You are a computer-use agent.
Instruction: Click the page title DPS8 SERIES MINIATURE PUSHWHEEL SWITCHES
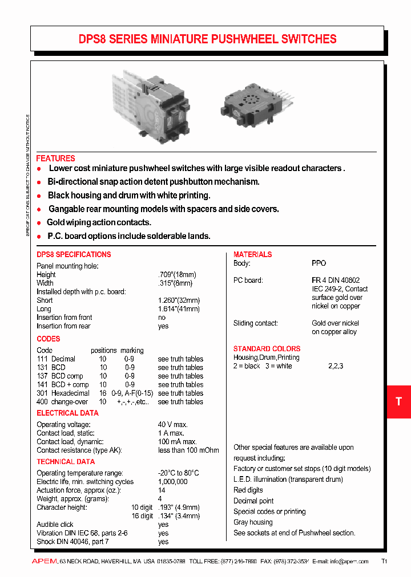[x=207, y=39]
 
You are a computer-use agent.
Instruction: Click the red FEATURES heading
[x=55, y=159]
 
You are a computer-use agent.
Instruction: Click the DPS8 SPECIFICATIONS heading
[x=74, y=254]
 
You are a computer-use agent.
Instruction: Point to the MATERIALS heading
[x=252, y=254]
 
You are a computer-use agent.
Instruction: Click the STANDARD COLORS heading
[x=267, y=348]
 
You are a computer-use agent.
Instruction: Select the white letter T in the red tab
[x=398, y=401]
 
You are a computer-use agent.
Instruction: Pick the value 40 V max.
[x=173, y=425]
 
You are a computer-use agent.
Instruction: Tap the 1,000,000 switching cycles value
[x=172, y=482]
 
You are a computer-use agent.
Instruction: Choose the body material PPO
[x=319, y=263]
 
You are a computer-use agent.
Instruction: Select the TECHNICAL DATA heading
[x=66, y=462]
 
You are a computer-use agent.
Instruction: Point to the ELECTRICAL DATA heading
[x=67, y=413]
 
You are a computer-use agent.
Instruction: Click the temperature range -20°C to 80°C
[x=178, y=473]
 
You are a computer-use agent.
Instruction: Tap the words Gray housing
[x=253, y=522]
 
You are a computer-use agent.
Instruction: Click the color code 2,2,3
[x=336, y=366]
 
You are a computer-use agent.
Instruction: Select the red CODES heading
[x=48, y=339]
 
